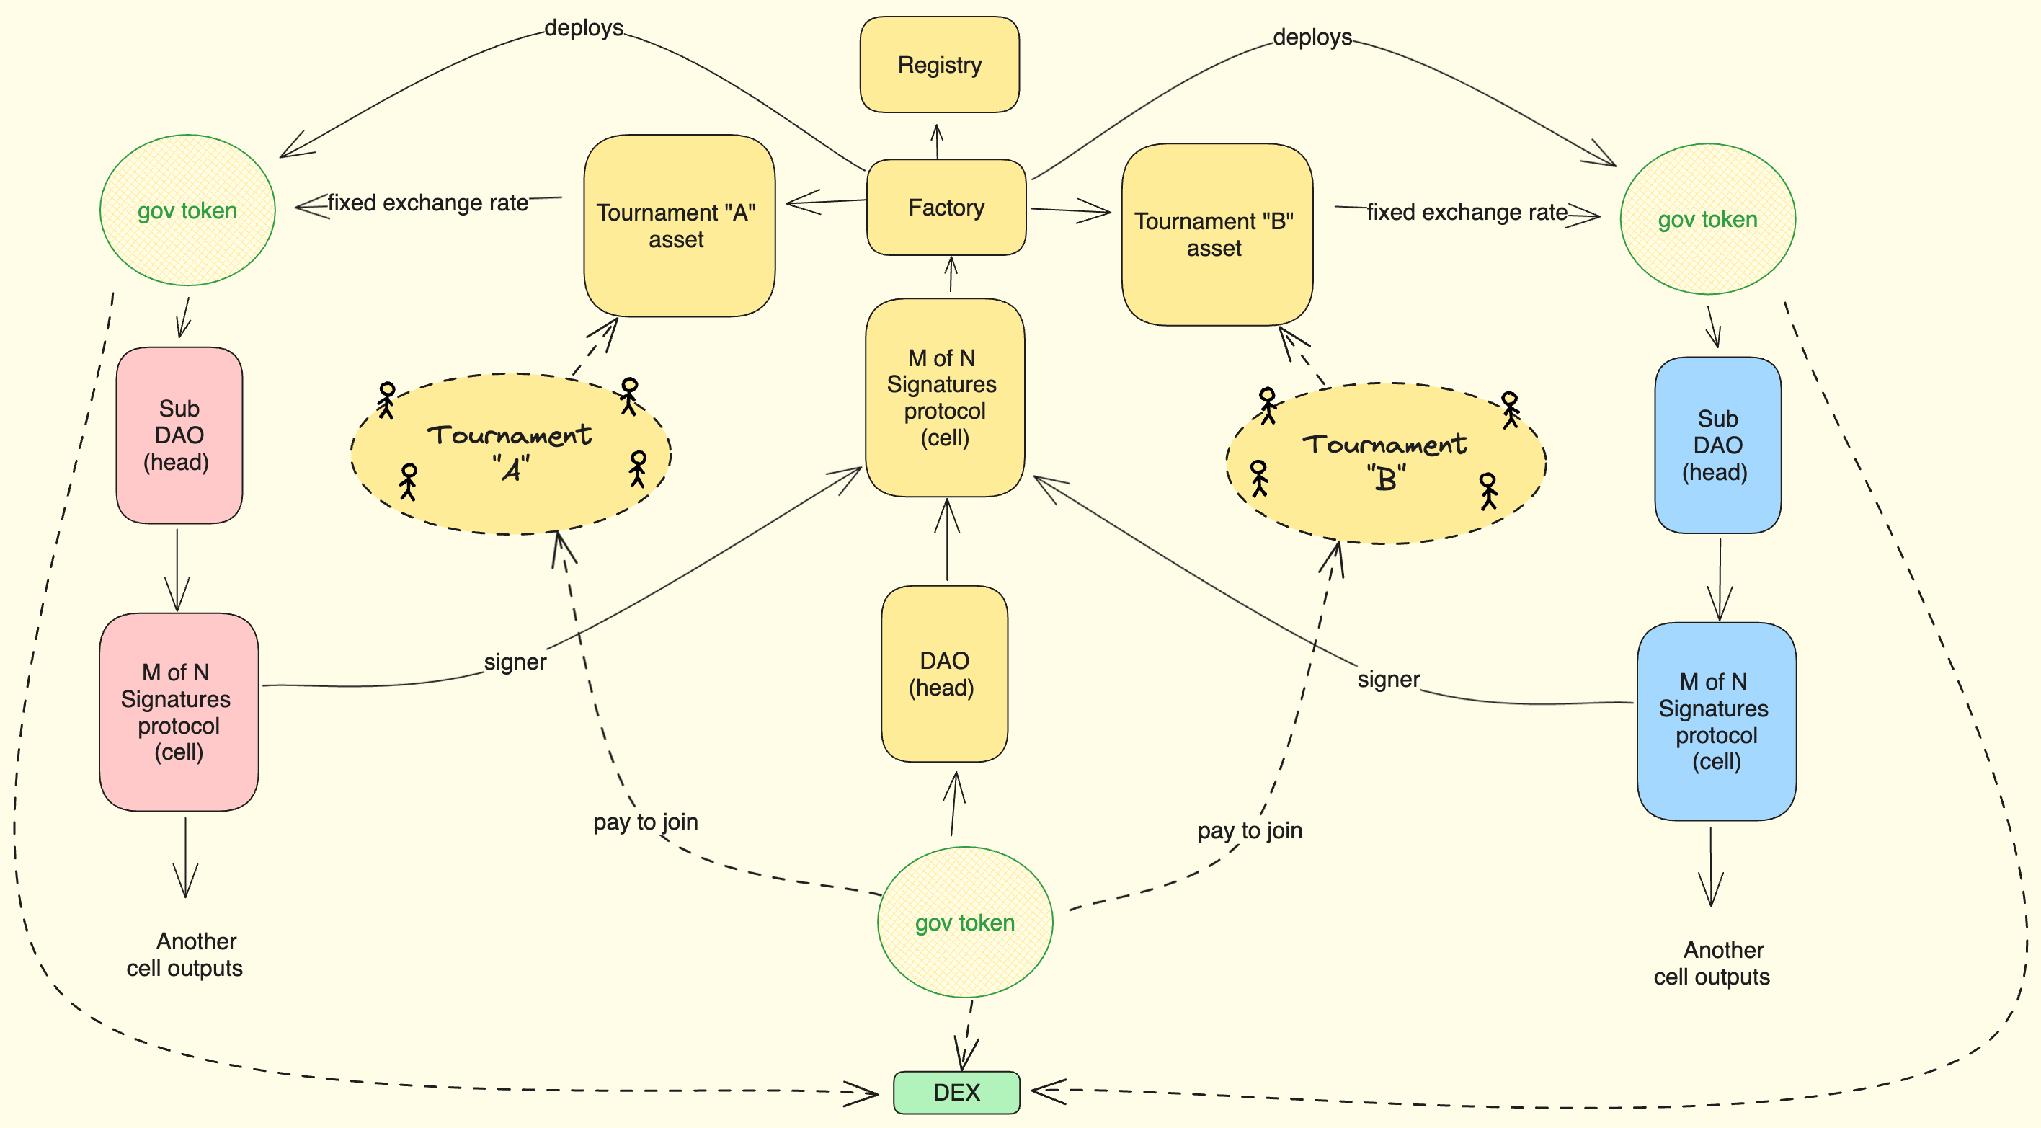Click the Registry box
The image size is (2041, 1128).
tap(939, 65)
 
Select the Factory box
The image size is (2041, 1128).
tap(946, 208)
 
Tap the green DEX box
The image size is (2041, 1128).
tap(956, 1093)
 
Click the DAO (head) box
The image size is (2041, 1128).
tap(943, 674)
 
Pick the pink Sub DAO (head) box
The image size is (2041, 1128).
tap(179, 435)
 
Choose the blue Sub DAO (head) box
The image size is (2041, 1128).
tap(1717, 445)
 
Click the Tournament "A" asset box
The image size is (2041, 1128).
tap(678, 226)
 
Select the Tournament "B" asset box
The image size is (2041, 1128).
tap(1217, 234)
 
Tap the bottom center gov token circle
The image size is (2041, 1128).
tap(964, 922)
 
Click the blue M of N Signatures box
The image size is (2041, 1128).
tap(1716, 721)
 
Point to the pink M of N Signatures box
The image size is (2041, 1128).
tap(178, 711)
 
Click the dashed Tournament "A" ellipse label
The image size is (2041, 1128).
tap(510, 451)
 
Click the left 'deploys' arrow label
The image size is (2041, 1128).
tap(584, 27)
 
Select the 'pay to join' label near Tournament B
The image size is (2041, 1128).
tap(1250, 830)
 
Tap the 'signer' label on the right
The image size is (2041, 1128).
tap(1388, 679)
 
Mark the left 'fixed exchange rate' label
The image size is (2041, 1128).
tap(428, 203)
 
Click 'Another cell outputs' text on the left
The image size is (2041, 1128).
tap(185, 954)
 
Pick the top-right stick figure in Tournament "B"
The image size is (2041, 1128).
tap(1510, 408)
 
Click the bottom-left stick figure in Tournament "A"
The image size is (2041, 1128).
tap(408, 481)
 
